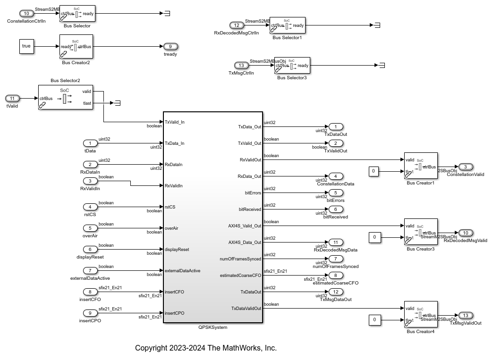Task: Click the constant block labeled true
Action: click(x=26, y=46)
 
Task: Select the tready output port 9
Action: click(x=170, y=46)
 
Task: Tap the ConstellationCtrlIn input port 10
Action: click(x=26, y=13)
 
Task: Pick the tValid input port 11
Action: click(x=12, y=98)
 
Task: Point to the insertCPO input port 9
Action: click(x=90, y=313)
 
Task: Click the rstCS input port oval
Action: click(x=90, y=207)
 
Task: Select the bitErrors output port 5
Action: click(x=336, y=193)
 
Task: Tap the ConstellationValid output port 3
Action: click(x=465, y=167)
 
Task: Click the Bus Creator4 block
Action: click(x=421, y=315)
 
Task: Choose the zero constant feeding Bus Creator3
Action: click(x=374, y=237)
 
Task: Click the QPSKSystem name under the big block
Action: click(x=212, y=327)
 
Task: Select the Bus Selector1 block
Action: click(x=288, y=25)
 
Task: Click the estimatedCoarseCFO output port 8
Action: click(x=336, y=275)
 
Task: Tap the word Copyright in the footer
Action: click(x=151, y=348)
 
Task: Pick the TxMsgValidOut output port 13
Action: click(x=466, y=315)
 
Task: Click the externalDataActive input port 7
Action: click(x=90, y=270)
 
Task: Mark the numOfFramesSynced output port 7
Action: click(x=336, y=259)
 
